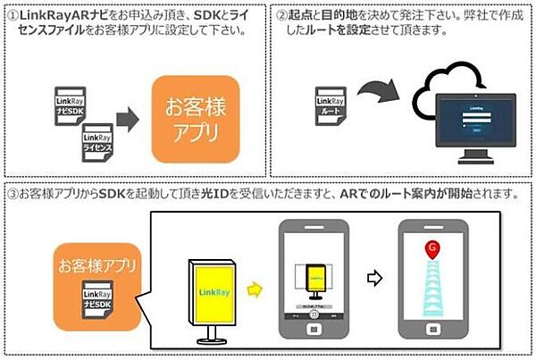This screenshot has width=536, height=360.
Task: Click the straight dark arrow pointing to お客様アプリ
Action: [x=129, y=118]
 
